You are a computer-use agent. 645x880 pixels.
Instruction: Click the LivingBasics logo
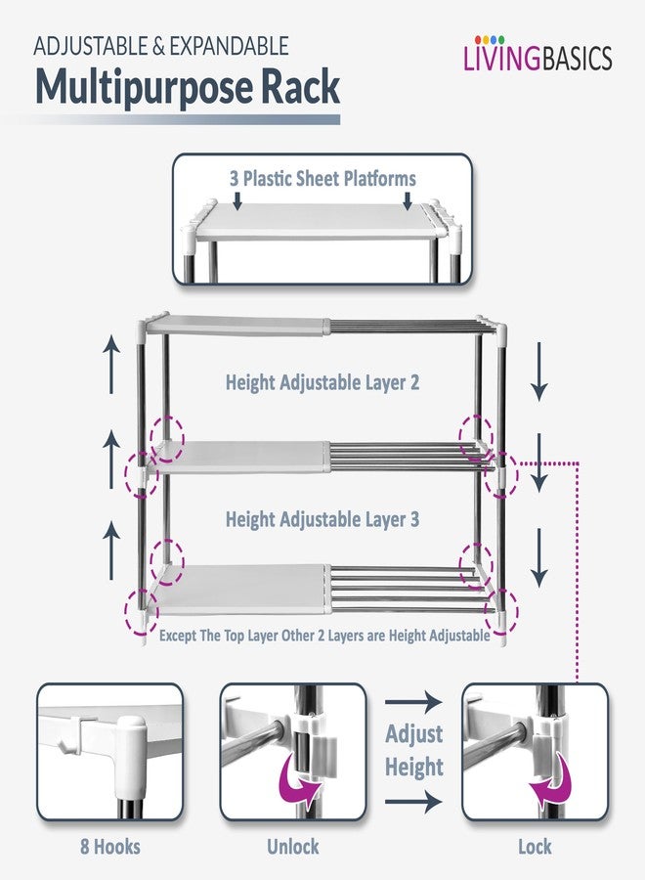tap(537, 55)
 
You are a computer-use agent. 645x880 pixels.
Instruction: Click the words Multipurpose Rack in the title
tap(188, 88)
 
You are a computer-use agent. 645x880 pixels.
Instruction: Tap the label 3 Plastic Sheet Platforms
tap(322, 179)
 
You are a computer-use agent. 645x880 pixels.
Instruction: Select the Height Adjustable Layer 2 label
tap(322, 382)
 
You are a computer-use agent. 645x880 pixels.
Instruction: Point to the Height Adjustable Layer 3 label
tap(322, 519)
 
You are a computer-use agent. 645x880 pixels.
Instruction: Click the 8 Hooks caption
tap(109, 847)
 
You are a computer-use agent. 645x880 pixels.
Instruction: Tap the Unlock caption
tap(293, 847)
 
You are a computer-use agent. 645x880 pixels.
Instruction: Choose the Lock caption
tap(535, 847)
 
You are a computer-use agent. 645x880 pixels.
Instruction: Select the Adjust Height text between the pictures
tap(414, 750)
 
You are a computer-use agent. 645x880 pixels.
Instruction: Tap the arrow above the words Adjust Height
tap(413, 701)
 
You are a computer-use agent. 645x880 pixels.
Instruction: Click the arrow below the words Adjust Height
tap(413, 802)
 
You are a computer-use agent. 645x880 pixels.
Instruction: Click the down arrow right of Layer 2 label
tap(539, 372)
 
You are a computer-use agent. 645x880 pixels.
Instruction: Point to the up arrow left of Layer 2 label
tap(111, 365)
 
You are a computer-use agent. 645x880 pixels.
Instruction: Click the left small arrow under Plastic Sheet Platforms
tap(237, 200)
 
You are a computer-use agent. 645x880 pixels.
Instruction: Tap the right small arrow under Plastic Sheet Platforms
tap(408, 200)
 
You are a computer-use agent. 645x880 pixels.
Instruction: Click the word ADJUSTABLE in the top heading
tap(91, 46)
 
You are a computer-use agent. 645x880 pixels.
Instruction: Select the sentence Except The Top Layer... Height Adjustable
tap(324, 636)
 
